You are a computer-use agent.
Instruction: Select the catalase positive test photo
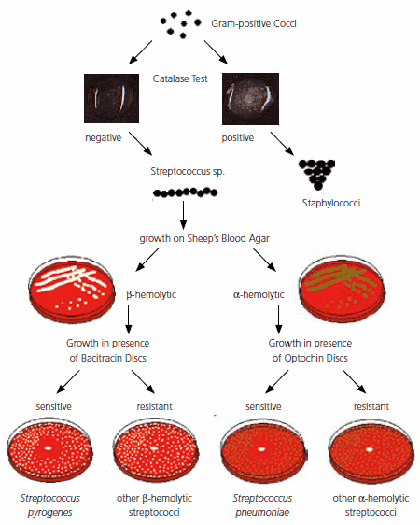pyautogui.click(x=254, y=97)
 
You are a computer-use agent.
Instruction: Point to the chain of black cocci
pyautogui.click(x=185, y=192)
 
